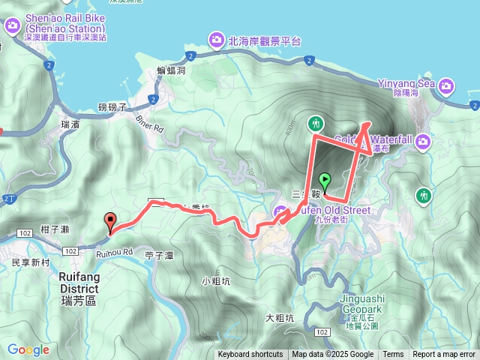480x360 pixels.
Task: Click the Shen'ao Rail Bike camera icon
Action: [13, 26]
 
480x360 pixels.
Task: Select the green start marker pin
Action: [325, 181]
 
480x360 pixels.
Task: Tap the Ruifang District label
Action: [78, 282]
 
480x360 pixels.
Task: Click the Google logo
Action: [28, 349]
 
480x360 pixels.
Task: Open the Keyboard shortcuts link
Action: [250, 355]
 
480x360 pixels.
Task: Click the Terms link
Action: [393, 355]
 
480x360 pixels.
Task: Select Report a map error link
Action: [445, 355]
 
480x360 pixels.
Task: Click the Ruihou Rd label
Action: [114, 253]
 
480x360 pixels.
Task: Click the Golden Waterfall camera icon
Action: [424, 140]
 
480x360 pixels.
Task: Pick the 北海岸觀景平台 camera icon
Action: [216, 39]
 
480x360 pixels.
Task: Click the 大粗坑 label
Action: [280, 317]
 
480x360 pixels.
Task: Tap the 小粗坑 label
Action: [214, 282]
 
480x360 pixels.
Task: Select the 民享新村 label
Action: [31, 263]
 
